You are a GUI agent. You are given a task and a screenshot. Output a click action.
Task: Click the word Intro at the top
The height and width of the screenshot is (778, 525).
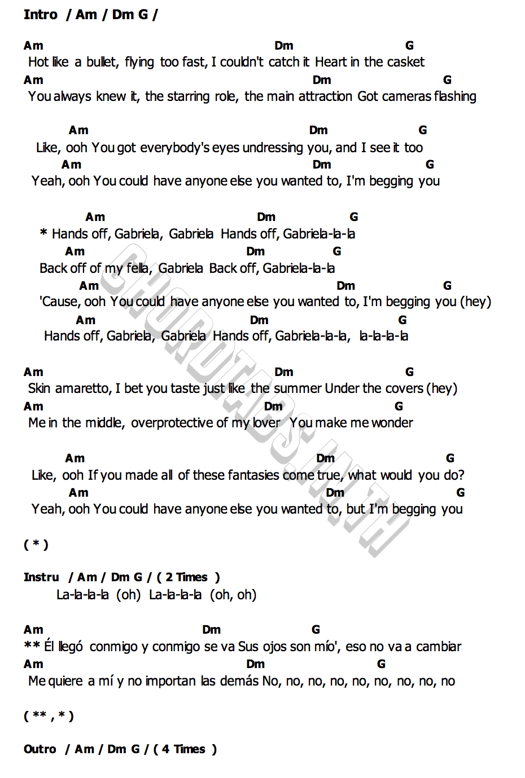coord(41,15)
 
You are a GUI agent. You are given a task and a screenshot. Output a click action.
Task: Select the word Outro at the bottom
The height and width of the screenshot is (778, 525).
coord(40,749)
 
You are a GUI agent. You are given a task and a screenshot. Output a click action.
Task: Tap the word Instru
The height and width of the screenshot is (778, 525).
coord(41,577)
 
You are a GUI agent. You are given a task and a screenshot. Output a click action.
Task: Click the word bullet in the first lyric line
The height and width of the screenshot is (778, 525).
coord(102,62)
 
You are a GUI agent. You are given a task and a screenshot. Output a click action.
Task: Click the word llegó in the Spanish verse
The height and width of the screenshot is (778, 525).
coord(71,647)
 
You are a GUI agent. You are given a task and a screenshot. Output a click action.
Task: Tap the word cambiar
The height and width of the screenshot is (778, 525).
coord(438,647)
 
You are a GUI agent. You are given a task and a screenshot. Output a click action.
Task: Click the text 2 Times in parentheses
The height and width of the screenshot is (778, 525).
coord(186,577)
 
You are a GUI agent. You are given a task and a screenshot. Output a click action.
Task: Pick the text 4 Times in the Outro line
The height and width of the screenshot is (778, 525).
coord(183,749)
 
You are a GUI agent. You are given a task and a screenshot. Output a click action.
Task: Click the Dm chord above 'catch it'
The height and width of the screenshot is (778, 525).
coord(284,46)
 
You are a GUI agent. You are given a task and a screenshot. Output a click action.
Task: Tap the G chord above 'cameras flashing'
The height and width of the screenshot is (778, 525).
coord(447,80)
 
